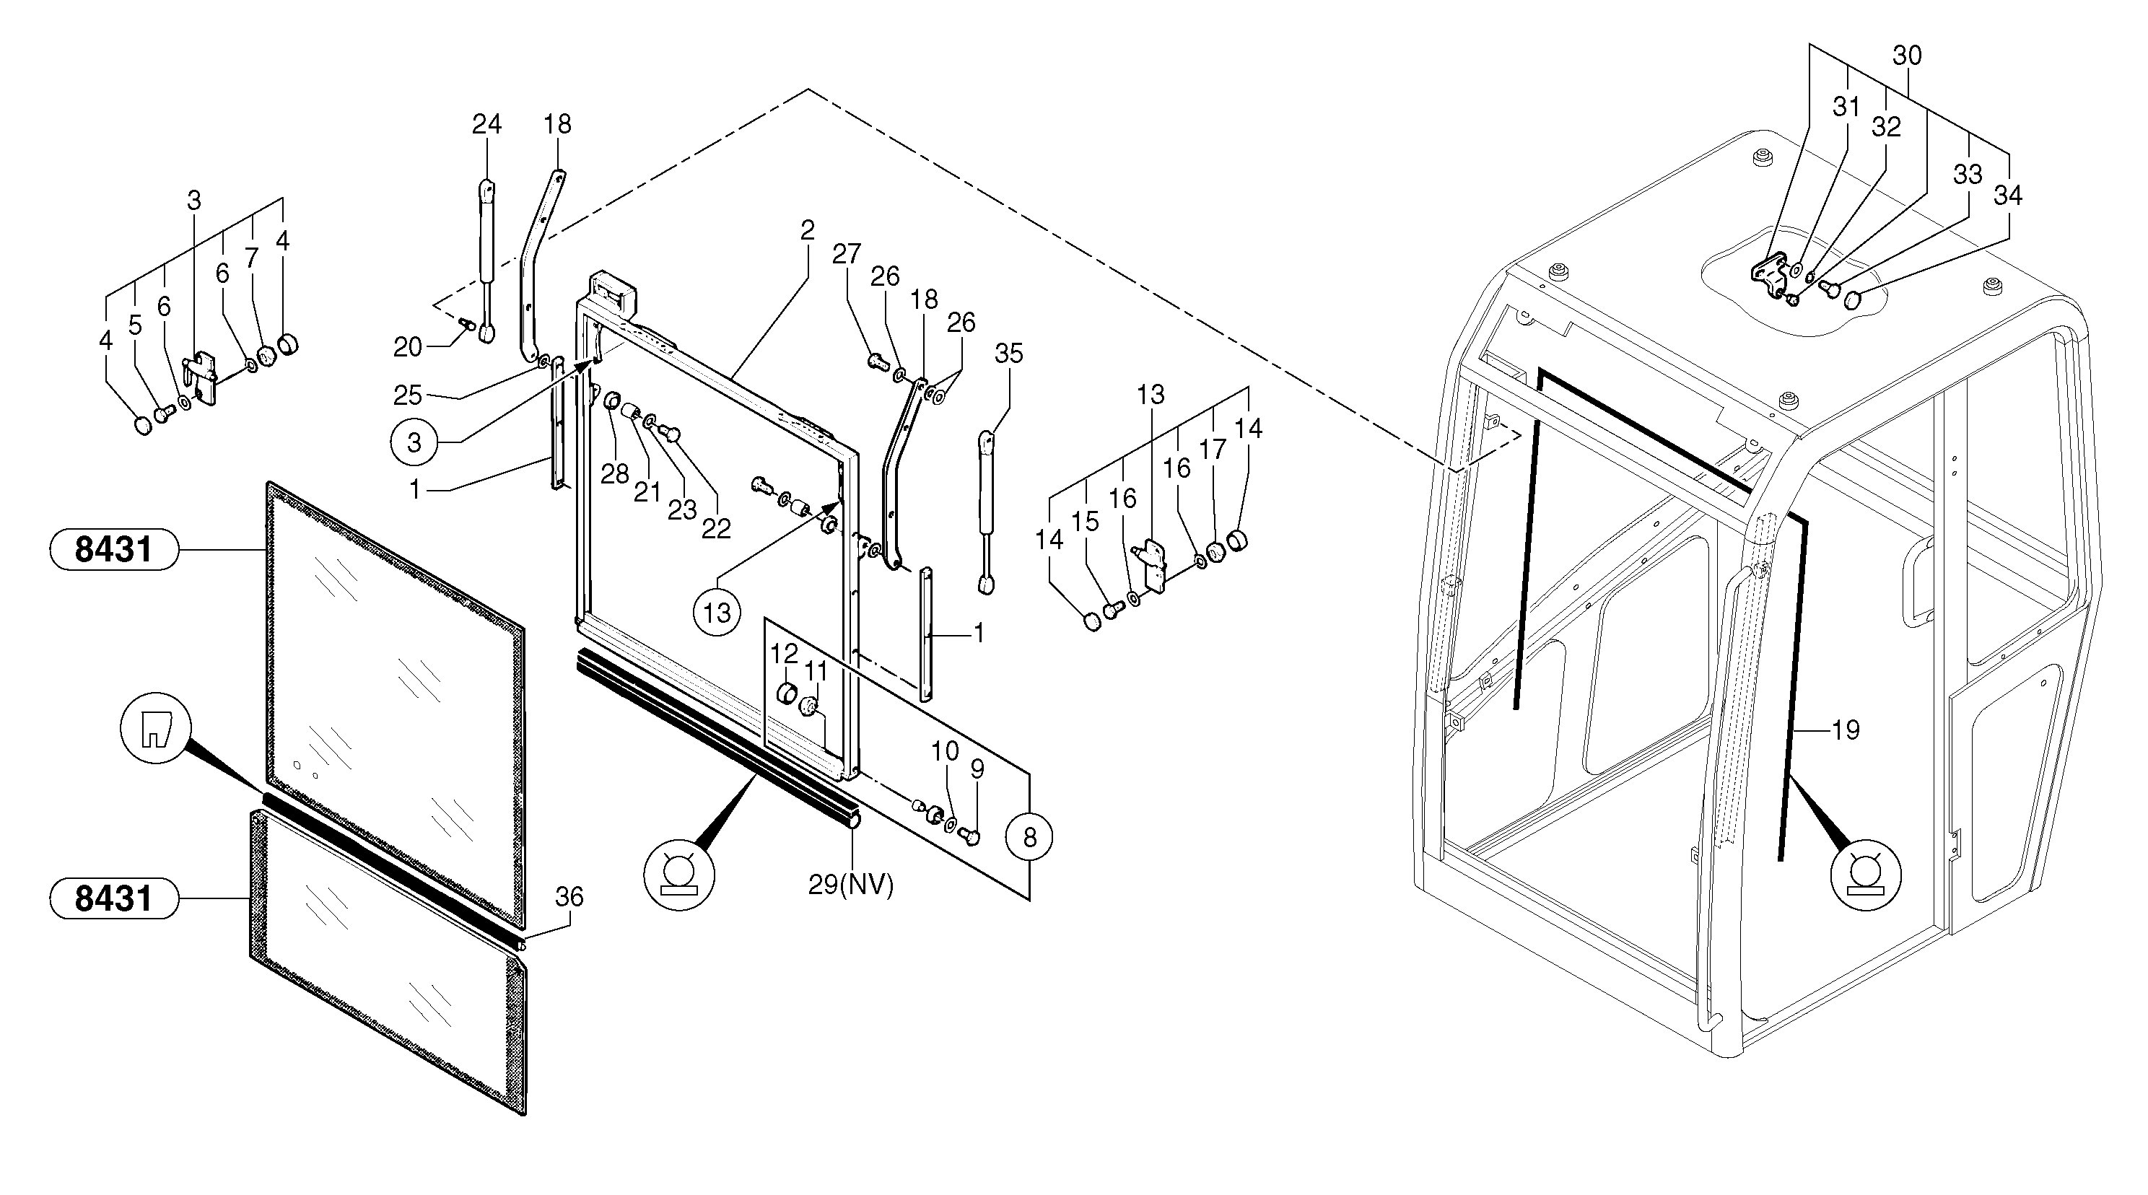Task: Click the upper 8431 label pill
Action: (114, 550)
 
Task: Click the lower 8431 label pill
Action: (114, 899)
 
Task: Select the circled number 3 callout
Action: (414, 442)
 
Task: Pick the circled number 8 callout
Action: (1029, 836)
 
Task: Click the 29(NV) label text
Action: (850, 885)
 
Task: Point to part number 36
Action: (569, 897)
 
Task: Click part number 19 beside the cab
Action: (1846, 730)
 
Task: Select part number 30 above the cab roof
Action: (1907, 56)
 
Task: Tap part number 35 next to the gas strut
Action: (1009, 354)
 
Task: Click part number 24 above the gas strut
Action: (487, 124)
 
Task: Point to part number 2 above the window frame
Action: (807, 230)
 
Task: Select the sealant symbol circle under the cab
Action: (1867, 875)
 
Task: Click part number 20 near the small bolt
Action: (408, 347)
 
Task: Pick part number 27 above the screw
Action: (847, 254)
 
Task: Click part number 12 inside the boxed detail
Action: (784, 654)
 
